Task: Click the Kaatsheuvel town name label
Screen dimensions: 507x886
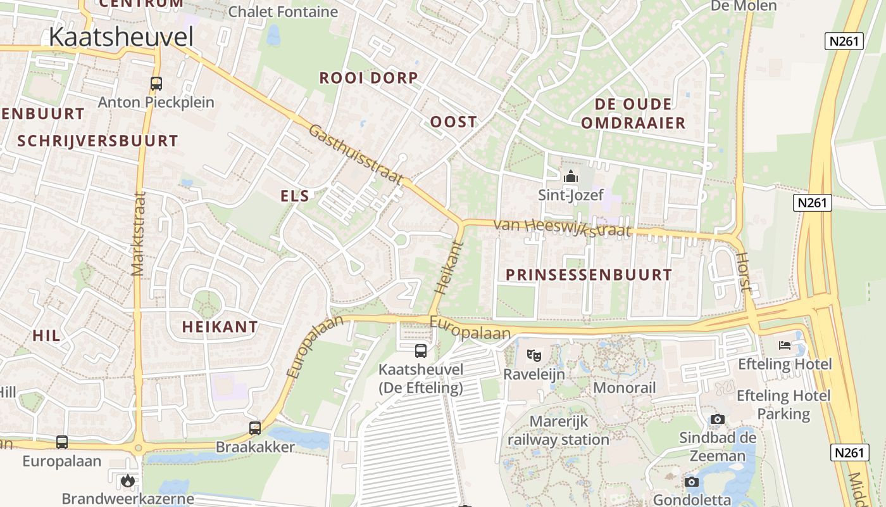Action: [121, 37]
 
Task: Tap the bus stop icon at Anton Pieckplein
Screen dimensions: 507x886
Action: [156, 83]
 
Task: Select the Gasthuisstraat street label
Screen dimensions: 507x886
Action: [355, 155]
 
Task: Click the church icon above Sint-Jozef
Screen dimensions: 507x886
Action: [571, 176]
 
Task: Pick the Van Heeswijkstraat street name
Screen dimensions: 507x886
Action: [561, 227]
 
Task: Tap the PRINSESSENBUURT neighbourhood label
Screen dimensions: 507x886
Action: [589, 275]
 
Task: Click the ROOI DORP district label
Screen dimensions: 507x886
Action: [368, 78]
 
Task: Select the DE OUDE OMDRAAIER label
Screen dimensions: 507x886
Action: [633, 113]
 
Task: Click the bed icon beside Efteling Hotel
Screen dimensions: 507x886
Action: [785, 345]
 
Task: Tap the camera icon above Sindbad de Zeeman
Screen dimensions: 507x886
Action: [717, 419]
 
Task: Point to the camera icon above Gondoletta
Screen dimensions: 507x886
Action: [691, 482]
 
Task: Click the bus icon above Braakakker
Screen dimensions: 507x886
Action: [255, 428]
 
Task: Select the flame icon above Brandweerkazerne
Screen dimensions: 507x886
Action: [128, 480]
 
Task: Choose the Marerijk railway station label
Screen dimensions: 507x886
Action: [558, 430]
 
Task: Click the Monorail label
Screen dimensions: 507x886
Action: [624, 387]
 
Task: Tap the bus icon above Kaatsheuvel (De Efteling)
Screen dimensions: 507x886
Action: [421, 350]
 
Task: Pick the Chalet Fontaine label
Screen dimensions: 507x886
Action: [283, 11]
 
